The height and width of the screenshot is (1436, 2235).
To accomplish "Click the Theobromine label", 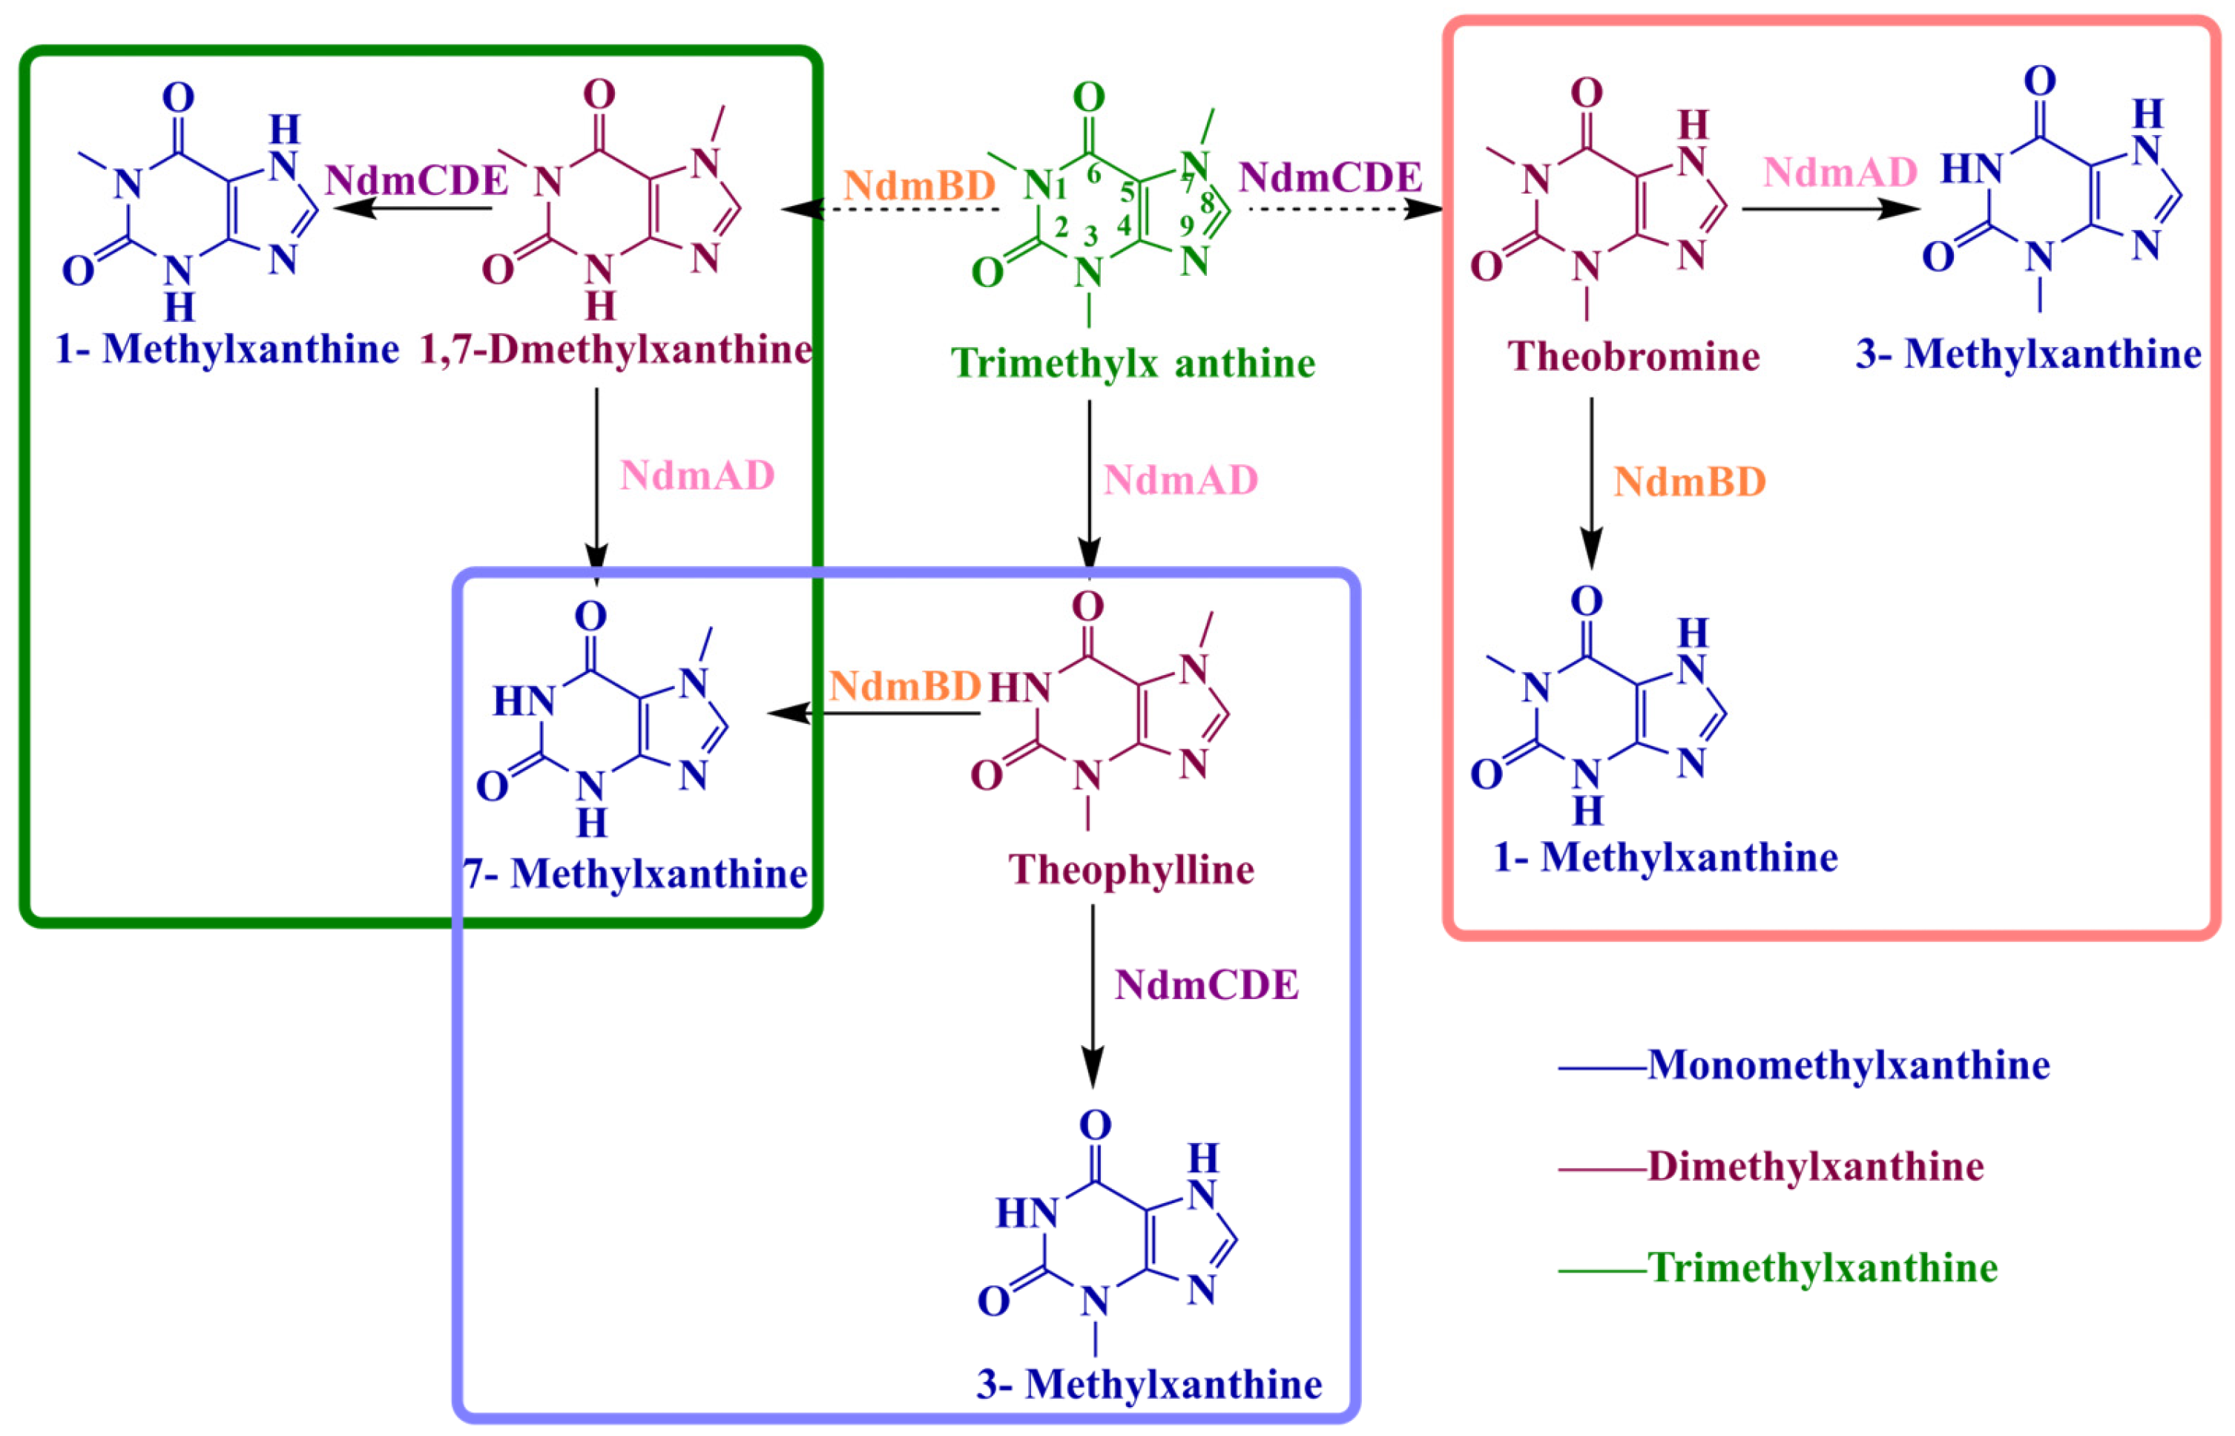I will (1633, 356).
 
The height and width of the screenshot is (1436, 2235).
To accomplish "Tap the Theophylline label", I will (1131, 870).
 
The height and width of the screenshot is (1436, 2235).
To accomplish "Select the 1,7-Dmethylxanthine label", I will (616, 349).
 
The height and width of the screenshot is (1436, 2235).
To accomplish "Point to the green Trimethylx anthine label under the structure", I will (1132, 363).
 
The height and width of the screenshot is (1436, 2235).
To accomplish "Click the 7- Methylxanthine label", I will (636, 874).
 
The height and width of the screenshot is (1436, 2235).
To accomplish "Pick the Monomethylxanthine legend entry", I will (1848, 1065).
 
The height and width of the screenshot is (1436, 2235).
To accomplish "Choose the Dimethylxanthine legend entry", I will (1814, 1167).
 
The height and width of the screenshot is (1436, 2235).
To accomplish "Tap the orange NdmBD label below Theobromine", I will (1690, 482).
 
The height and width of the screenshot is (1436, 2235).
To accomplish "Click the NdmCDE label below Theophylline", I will (1207, 986).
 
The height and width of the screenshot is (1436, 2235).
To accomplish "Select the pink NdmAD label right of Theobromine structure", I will (1840, 171).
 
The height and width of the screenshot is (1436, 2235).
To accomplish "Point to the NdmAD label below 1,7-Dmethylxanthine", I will (697, 475).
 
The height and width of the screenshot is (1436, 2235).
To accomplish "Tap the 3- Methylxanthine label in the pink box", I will (2028, 355).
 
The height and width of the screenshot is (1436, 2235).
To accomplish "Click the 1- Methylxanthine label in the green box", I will (226, 349).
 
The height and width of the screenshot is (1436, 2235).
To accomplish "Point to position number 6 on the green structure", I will (1093, 174).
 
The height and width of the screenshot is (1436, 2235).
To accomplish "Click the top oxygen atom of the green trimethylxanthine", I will (1089, 96).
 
